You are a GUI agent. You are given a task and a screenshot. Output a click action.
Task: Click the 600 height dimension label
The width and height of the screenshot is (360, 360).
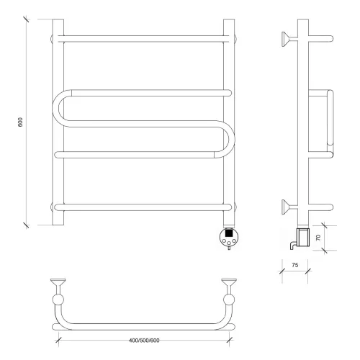click(20, 122)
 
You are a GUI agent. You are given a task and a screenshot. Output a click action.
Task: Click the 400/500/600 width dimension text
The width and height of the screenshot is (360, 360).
click(144, 341)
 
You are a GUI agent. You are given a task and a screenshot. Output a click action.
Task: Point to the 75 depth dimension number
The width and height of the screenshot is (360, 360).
click(295, 265)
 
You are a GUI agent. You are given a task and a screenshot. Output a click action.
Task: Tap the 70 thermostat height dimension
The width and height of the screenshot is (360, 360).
click(318, 238)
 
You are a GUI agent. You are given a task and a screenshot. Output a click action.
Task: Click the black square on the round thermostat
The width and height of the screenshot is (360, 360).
click(229, 233)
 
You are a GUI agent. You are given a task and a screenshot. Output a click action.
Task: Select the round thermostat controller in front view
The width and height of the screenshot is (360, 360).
click(229, 237)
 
